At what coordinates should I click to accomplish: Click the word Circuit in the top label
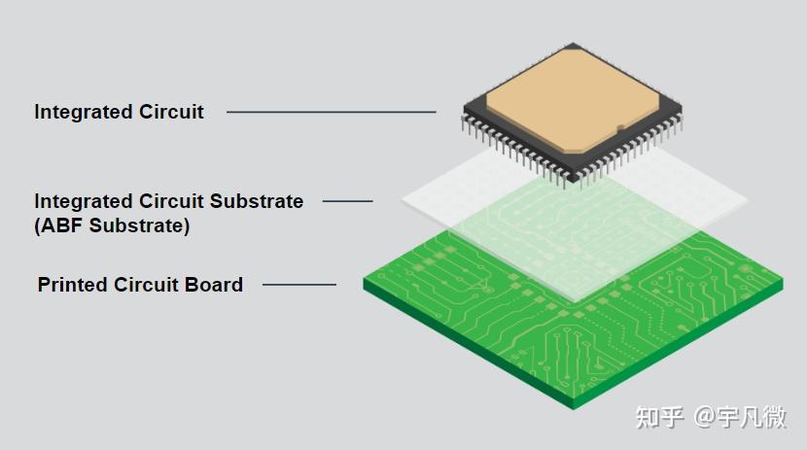(x=171, y=112)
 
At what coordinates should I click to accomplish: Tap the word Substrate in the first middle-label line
(x=257, y=201)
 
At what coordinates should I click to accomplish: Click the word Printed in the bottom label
(x=73, y=285)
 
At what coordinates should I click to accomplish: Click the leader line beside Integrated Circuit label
(x=332, y=112)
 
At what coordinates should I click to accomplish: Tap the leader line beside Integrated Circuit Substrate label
(x=347, y=201)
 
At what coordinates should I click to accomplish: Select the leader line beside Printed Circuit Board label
(x=299, y=284)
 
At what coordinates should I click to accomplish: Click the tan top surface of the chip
(x=573, y=98)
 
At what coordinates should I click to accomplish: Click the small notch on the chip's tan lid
(x=620, y=127)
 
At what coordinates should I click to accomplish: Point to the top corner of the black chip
(x=573, y=43)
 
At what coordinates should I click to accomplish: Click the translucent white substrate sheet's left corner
(x=403, y=201)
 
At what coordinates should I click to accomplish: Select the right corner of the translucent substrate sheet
(x=748, y=201)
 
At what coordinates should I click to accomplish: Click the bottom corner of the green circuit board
(x=574, y=409)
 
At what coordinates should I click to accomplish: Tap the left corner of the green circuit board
(x=364, y=280)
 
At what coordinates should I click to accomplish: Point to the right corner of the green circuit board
(x=783, y=281)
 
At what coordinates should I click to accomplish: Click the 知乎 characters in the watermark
(x=659, y=417)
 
